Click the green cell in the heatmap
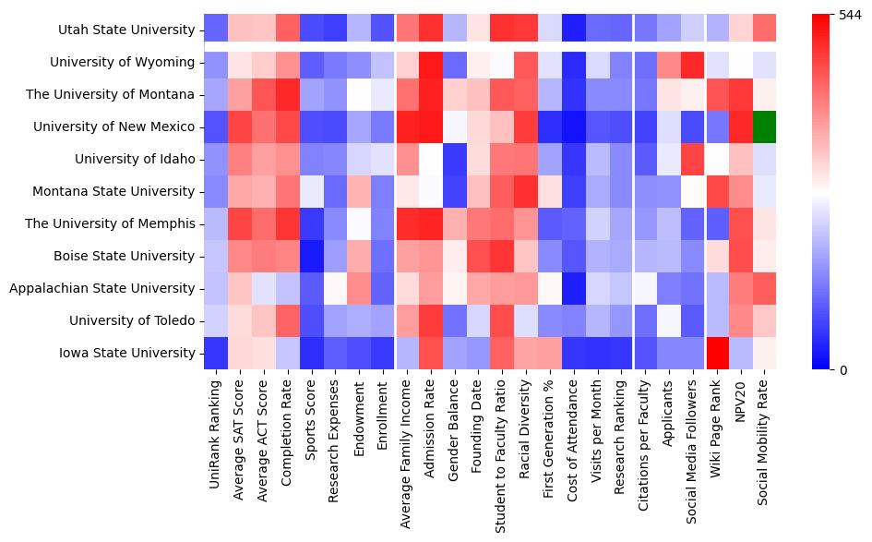point(765,126)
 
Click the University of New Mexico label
point(121,126)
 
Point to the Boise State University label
point(129,256)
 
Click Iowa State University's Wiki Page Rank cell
point(717,353)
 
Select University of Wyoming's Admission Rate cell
point(430,62)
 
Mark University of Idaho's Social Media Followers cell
point(693,159)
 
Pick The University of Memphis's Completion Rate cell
point(287,223)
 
